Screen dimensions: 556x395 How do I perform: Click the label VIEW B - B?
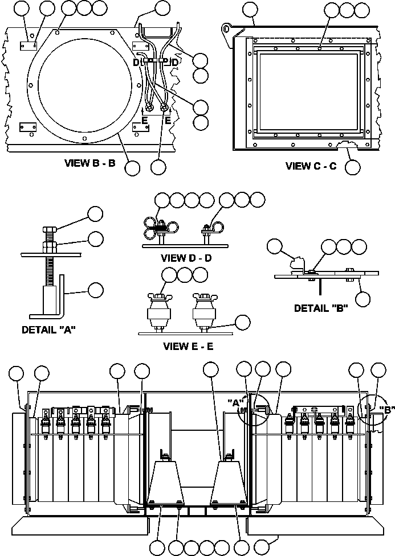pyautogui.click(x=91, y=163)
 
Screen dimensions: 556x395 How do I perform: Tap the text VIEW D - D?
pyautogui.click(x=187, y=258)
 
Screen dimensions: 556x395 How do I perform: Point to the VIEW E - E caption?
pyautogui.click(x=188, y=346)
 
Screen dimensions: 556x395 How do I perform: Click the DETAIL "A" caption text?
pyautogui.click(x=49, y=329)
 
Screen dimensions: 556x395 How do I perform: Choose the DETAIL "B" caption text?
pyautogui.click(x=321, y=308)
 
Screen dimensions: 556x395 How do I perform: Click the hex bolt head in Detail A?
pyautogui.click(x=48, y=233)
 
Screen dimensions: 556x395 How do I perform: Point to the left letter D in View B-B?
pyautogui.click(x=136, y=62)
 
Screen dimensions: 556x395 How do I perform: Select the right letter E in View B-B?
pyautogui.click(x=168, y=121)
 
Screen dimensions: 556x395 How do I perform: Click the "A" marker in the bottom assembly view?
pyautogui.click(x=234, y=402)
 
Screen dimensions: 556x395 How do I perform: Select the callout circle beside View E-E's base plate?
pyautogui.click(x=243, y=322)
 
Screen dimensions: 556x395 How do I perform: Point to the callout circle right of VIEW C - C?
pyautogui.click(x=353, y=167)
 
